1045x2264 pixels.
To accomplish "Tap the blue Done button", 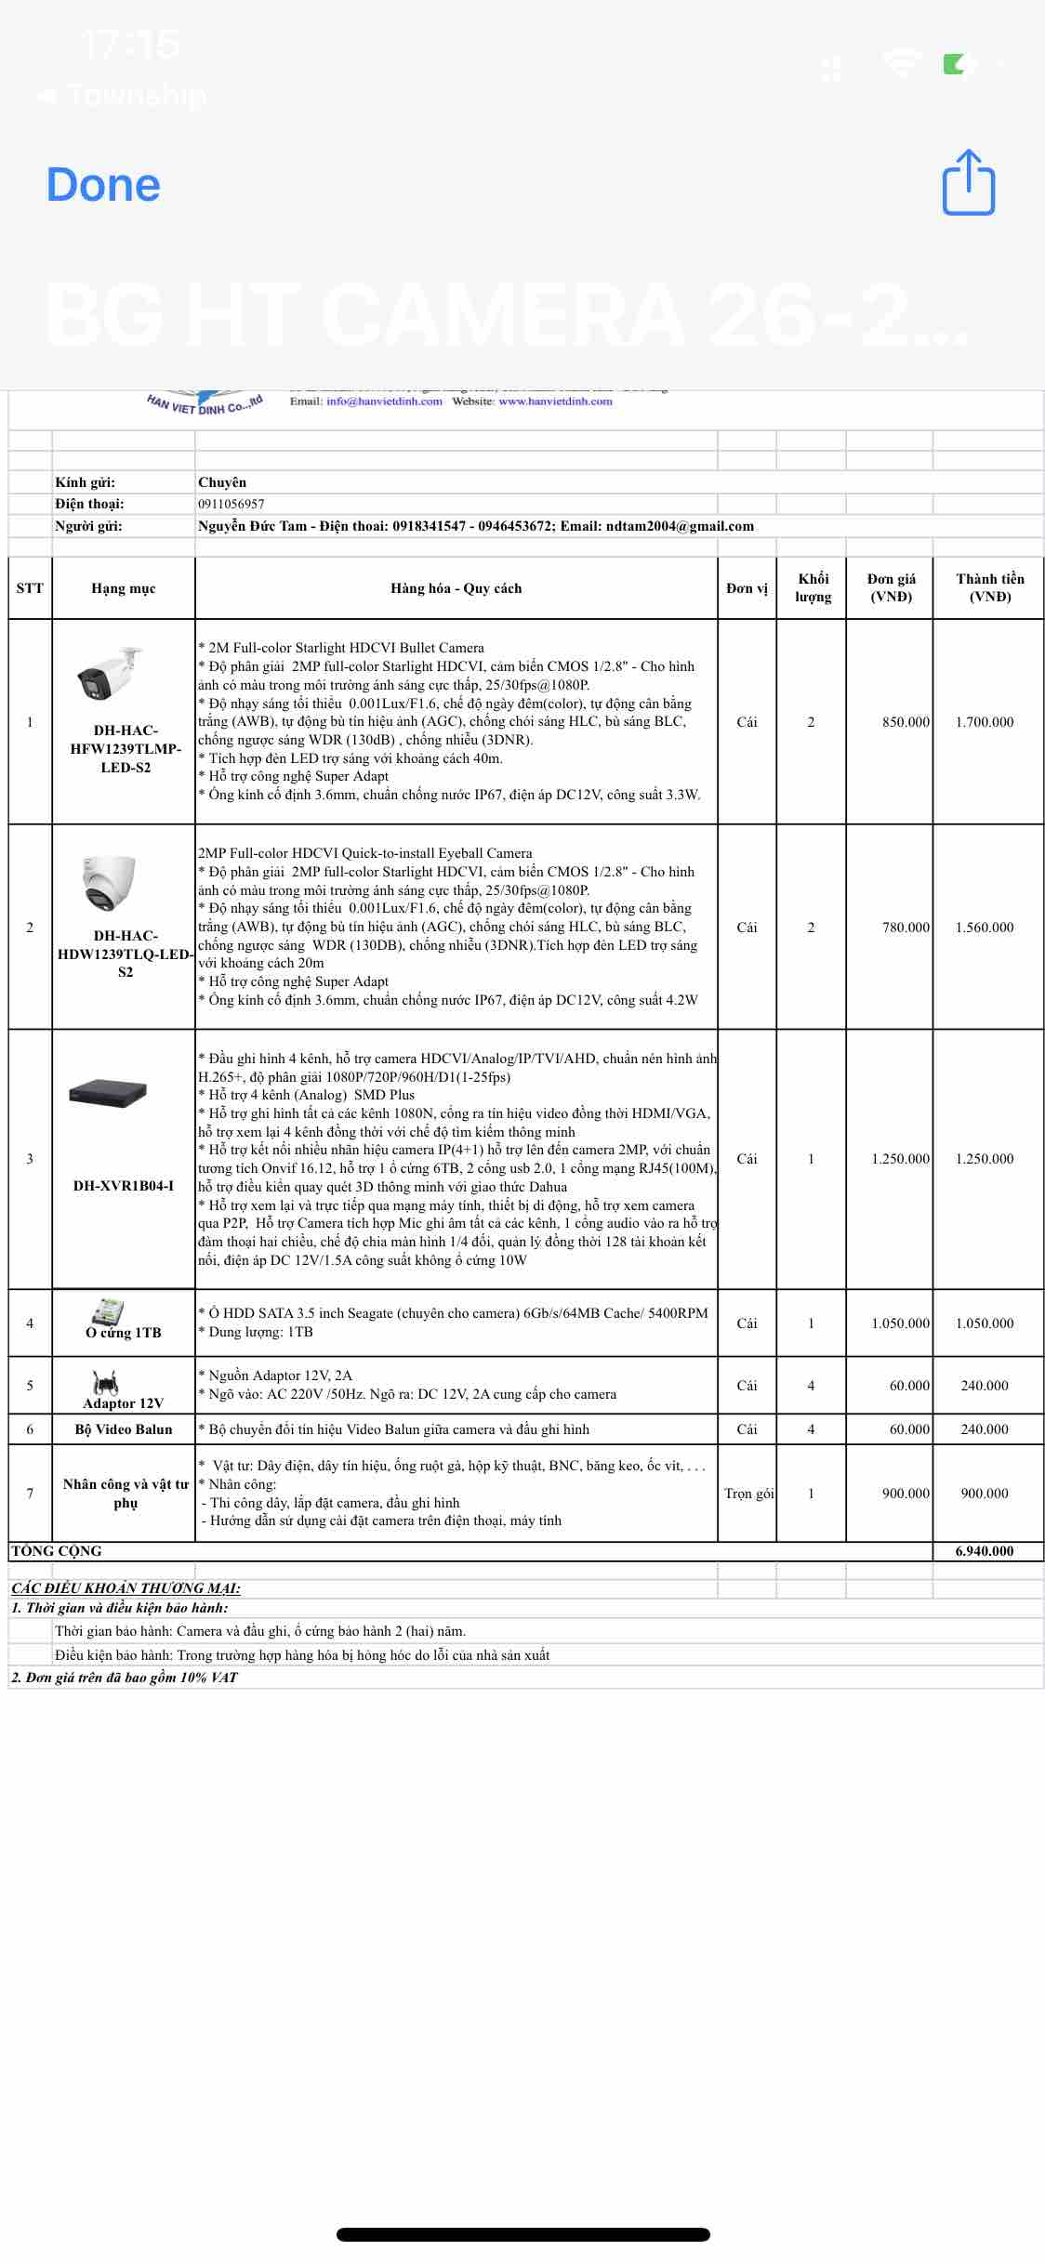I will (x=103, y=185).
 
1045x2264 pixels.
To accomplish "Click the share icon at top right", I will (x=969, y=183).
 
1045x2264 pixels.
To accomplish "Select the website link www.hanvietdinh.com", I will (x=555, y=401).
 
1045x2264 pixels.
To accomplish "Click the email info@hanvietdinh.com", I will (x=384, y=401).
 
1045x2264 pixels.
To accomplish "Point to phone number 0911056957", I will (x=231, y=504).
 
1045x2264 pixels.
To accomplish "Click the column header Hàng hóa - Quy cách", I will (x=456, y=588).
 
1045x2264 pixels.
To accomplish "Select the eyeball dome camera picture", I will (x=110, y=882).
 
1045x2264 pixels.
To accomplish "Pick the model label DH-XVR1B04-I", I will (x=124, y=1186).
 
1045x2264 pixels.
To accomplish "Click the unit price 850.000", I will (x=905, y=722).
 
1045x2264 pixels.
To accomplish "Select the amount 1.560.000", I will (x=985, y=928).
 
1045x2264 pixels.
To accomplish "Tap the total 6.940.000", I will (x=985, y=1551).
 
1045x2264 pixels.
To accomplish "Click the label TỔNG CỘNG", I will (x=56, y=1551).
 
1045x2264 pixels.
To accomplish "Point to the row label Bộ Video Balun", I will (x=124, y=1429).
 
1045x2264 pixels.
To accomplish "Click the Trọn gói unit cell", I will (x=748, y=1494).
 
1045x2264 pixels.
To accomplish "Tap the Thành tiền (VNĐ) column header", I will (x=989, y=588).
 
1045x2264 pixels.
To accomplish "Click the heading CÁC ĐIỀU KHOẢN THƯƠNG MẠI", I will (x=126, y=1588).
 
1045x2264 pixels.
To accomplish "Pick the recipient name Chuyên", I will (x=222, y=482).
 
